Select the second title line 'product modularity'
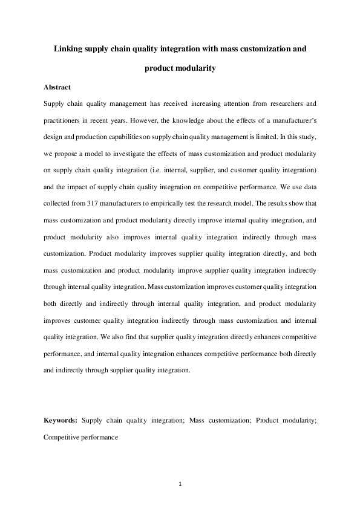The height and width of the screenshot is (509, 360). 180,69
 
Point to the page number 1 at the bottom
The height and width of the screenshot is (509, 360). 180,484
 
